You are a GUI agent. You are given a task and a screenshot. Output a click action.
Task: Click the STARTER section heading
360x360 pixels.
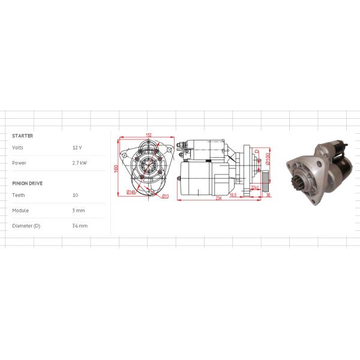[x=22, y=136]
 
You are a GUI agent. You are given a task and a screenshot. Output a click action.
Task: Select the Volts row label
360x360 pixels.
[x=18, y=148]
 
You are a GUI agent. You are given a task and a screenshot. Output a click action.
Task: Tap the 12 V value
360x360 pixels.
[x=77, y=148]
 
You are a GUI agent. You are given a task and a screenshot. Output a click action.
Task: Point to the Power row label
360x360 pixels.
[x=19, y=163]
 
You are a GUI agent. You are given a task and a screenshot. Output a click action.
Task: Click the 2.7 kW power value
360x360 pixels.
[x=79, y=163]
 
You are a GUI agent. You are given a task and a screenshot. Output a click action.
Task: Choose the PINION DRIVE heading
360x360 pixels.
[x=27, y=183]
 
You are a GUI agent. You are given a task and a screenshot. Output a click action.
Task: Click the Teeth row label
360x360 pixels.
[x=18, y=195]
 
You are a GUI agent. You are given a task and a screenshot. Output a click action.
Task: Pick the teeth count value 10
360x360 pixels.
[x=75, y=195]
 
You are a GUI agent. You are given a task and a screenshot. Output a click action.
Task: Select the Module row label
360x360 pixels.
[x=20, y=211]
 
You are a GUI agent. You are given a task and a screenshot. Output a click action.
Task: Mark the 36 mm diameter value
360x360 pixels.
[x=79, y=226]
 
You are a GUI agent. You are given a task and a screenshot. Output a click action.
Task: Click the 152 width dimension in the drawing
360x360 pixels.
[x=148, y=135]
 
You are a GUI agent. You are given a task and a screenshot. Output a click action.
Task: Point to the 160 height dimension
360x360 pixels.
[x=116, y=167]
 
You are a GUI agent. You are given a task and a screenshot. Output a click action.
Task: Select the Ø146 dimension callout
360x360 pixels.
[x=130, y=192]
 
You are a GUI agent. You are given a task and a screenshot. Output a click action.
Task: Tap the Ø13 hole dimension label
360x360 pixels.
[x=165, y=196]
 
